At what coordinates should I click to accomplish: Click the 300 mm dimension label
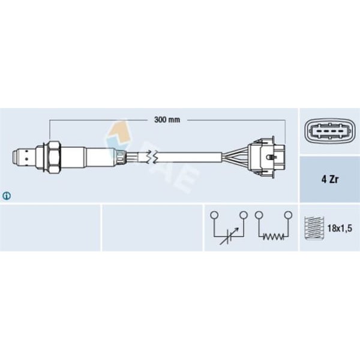pyautogui.click(x=167, y=120)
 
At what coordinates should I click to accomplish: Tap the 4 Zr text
pyautogui.click(x=329, y=178)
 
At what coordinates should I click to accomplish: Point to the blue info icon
pyautogui.click(x=7, y=195)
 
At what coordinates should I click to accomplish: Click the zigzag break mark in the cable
pyautogui.click(x=155, y=157)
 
